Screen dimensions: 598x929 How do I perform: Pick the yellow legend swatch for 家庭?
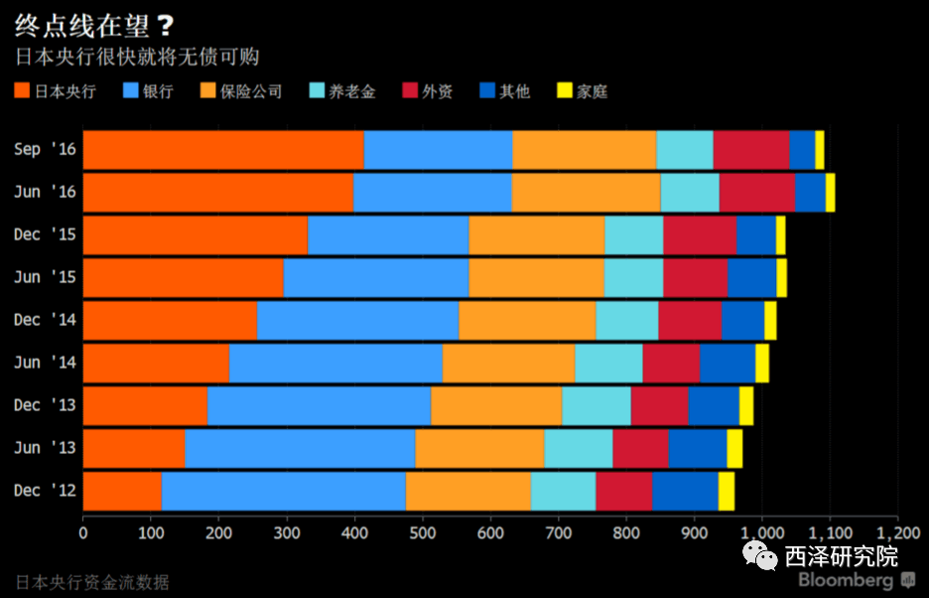coord(563,91)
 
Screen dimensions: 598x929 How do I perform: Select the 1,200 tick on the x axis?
coord(896,532)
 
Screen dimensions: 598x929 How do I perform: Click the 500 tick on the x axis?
coord(422,532)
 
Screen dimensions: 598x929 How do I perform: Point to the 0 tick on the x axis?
coord(83,532)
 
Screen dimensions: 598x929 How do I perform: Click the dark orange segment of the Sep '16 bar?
coord(223,150)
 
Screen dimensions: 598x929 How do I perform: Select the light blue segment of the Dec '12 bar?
coord(283,491)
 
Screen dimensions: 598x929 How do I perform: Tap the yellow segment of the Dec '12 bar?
coord(727,491)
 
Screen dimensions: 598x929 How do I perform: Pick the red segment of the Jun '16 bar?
coord(757,193)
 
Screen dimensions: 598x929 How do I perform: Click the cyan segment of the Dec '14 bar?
coord(626,321)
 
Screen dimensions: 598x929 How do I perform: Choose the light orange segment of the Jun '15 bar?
coord(536,278)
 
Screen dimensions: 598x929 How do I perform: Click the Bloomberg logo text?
coord(846,580)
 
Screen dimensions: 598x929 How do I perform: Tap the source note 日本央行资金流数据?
coord(92,581)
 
